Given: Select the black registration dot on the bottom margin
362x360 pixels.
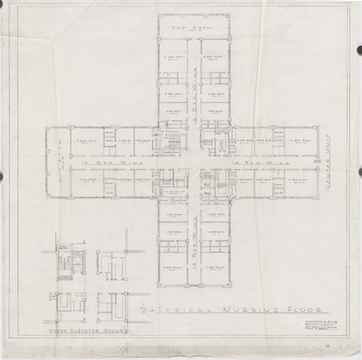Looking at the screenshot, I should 181,353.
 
